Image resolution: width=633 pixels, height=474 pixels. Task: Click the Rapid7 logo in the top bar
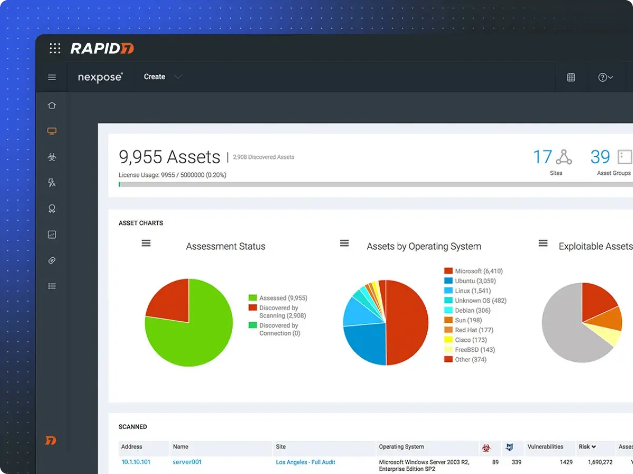(102, 49)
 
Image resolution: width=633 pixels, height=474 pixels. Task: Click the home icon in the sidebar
(52, 105)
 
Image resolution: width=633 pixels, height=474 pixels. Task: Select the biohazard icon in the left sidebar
(52, 157)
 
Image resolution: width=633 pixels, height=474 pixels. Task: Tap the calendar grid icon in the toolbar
(571, 77)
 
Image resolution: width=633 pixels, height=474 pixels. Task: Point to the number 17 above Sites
(542, 157)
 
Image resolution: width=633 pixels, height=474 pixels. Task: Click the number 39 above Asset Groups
(600, 157)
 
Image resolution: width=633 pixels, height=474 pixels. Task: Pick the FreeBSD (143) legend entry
(474, 350)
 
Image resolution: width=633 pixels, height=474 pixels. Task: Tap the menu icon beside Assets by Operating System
(344, 243)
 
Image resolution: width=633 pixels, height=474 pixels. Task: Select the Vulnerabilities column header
(545, 447)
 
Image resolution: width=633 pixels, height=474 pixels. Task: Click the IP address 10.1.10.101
(136, 462)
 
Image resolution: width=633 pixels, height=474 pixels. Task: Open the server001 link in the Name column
(187, 462)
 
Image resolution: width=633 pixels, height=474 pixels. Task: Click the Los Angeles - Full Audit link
(305, 462)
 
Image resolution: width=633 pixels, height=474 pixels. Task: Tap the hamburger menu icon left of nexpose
(52, 77)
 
